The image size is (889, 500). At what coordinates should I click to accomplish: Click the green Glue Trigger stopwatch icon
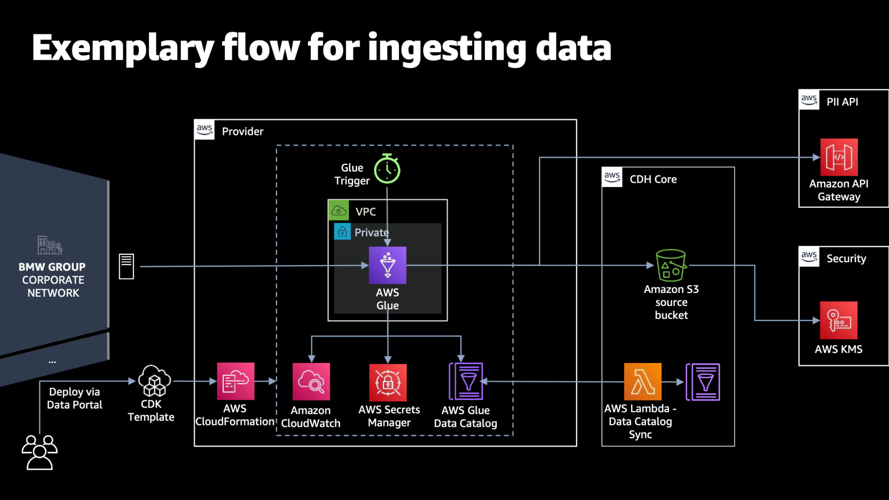pyautogui.click(x=387, y=169)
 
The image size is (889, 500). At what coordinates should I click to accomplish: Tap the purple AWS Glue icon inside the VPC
pyautogui.click(x=387, y=265)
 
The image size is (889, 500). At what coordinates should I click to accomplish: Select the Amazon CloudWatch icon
pyautogui.click(x=311, y=382)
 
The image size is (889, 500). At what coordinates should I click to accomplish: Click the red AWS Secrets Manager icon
pyautogui.click(x=388, y=382)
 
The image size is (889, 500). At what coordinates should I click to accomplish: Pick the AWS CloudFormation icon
pyautogui.click(x=235, y=381)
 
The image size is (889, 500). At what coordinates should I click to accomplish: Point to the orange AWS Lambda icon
pyautogui.click(x=642, y=382)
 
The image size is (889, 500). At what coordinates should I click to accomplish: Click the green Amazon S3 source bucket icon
pyautogui.click(x=671, y=265)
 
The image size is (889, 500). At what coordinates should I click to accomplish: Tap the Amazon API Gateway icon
pyautogui.click(x=839, y=157)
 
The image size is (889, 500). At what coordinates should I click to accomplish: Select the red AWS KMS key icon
pyautogui.click(x=838, y=320)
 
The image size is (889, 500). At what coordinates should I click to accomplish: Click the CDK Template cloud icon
pyautogui.click(x=154, y=381)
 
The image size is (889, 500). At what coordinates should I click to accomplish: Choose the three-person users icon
pyautogui.click(x=40, y=452)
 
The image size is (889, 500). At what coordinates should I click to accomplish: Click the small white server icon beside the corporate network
pyautogui.click(x=126, y=266)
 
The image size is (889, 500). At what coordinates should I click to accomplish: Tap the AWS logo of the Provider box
pyautogui.click(x=204, y=130)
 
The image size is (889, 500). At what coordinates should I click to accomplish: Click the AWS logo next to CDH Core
pyautogui.click(x=612, y=177)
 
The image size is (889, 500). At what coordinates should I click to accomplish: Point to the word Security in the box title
pyautogui.click(x=846, y=259)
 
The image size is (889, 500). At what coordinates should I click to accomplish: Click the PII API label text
pyautogui.click(x=842, y=102)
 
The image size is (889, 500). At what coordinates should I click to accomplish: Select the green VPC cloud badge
pyautogui.click(x=339, y=211)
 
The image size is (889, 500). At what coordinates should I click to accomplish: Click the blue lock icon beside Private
pyautogui.click(x=342, y=232)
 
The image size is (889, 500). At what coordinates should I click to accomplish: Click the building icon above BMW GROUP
pyautogui.click(x=49, y=245)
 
